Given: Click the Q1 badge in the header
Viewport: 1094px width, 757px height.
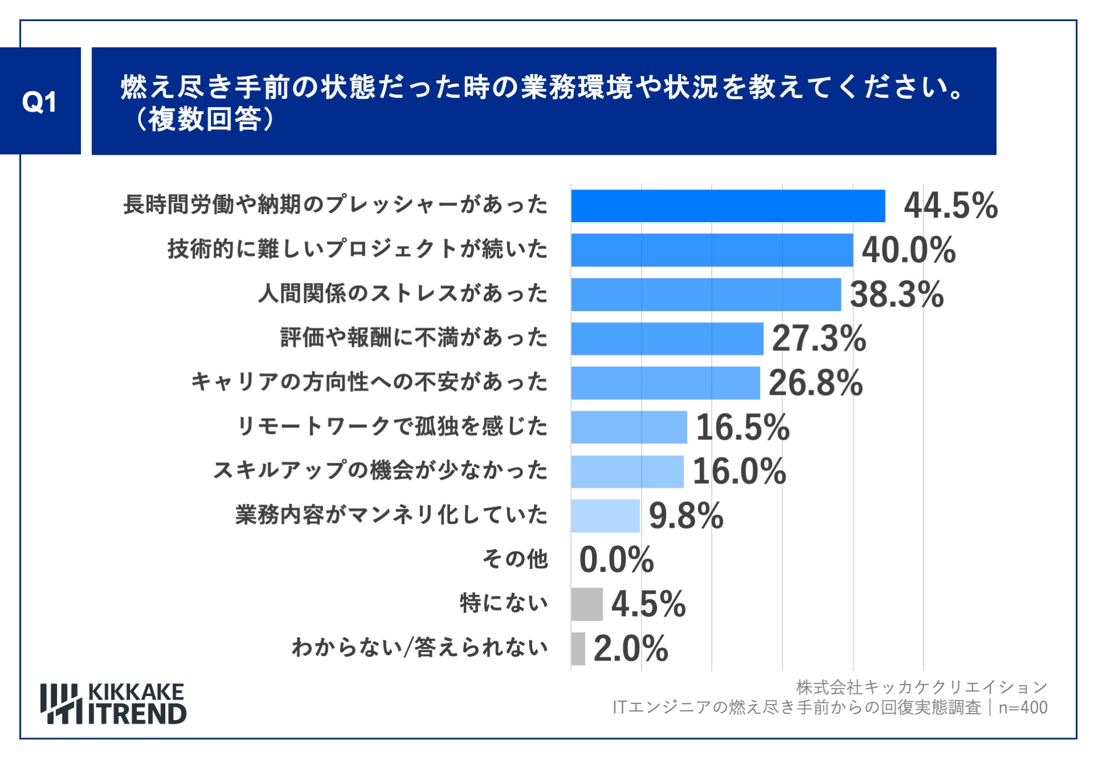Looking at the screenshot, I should click(40, 101).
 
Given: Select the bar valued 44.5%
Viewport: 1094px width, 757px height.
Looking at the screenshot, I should click(728, 206).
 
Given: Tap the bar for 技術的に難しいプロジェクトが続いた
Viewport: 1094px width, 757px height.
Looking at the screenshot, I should click(712, 249).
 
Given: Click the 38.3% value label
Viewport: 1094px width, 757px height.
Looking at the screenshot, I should click(896, 294).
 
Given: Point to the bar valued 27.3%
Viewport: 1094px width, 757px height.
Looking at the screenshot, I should click(667, 338).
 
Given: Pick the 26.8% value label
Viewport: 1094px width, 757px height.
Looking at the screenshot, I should click(815, 383).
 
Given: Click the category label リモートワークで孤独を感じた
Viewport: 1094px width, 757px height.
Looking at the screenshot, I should click(392, 426).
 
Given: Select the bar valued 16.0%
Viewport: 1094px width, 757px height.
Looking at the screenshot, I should click(627, 471).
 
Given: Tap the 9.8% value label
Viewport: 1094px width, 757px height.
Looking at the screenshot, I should click(685, 515).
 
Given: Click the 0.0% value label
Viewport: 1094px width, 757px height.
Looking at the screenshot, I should click(616, 559).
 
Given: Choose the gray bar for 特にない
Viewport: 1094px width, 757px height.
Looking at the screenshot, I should click(586, 604).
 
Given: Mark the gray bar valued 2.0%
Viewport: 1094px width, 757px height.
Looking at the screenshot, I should click(578, 648).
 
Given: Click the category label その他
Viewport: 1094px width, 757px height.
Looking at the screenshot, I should click(515, 559).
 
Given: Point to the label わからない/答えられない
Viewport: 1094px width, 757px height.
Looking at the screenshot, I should click(419, 648).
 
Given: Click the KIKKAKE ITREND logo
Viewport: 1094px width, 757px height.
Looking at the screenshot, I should click(113, 704).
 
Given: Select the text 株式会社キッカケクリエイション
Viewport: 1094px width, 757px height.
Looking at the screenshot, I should click(921, 688).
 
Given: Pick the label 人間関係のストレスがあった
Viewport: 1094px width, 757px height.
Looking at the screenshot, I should click(402, 293).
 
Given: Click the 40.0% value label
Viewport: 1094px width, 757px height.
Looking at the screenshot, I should click(908, 250).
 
